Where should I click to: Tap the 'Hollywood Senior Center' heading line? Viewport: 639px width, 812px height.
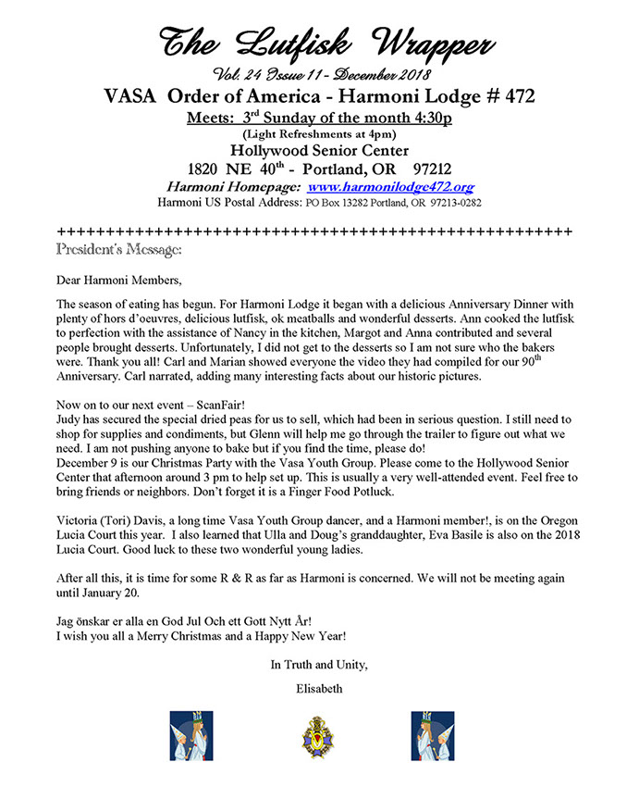pyautogui.click(x=318, y=149)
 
